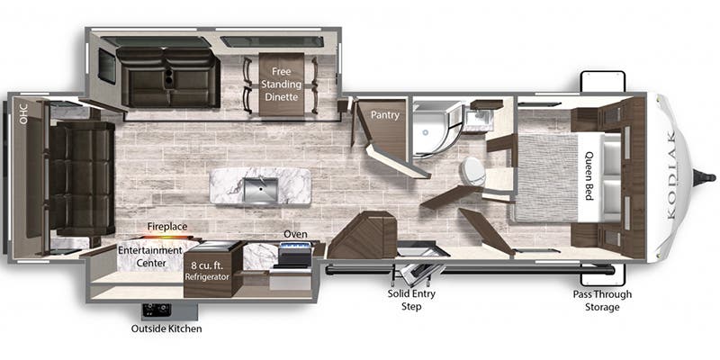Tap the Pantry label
[x=385, y=115]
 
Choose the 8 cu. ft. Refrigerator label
[x=208, y=271]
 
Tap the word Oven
[x=295, y=234]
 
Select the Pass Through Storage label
[x=602, y=301]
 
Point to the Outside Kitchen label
[x=166, y=328]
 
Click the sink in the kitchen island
[x=260, y=185]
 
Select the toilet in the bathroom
[x=472, y=171]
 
